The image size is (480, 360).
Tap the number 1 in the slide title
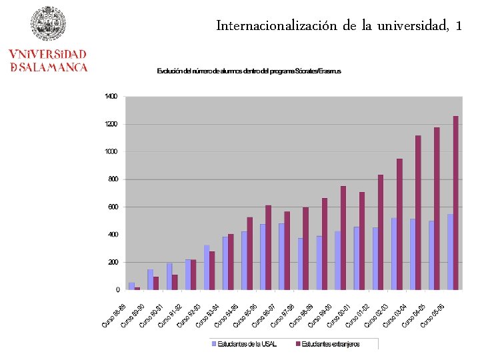point(458,26)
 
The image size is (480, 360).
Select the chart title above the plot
point(249,71)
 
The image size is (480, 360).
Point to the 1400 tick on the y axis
point(111,97)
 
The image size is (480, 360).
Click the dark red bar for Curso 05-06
point(456,203)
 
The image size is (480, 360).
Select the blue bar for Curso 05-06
point(450,252)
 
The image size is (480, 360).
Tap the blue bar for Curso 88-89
point(131,286)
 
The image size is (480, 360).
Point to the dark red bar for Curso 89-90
point(156,283)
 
